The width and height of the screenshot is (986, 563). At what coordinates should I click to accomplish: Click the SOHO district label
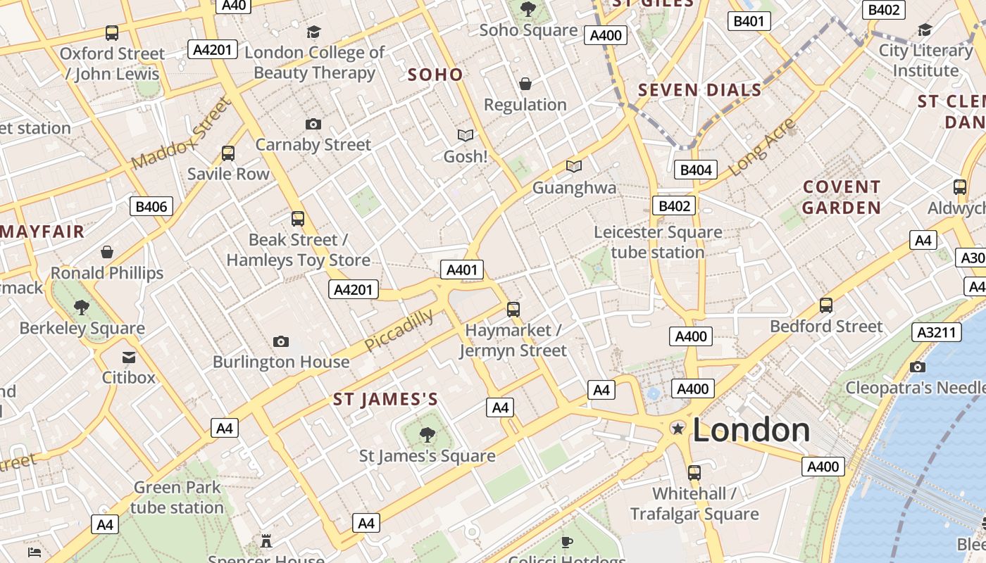click(435, 75)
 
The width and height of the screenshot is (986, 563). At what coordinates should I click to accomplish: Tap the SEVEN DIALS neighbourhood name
click(699, 90)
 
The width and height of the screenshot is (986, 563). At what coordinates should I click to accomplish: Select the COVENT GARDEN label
click(841, 197)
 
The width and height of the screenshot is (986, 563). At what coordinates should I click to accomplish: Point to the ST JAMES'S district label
click(385, 400)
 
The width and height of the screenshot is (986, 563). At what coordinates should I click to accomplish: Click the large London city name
click(751, 430)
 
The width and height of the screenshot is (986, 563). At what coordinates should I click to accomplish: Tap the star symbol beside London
click(678, 428)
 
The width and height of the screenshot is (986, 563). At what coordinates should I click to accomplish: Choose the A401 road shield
click(462, 270)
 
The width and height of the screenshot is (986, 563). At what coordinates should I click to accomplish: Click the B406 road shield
click(151, 206)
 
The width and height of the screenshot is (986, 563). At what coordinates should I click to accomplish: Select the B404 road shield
click(696, 170)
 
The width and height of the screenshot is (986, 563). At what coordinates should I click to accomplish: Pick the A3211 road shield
click(937, 332)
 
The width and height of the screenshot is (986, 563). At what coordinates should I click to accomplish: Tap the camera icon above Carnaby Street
click(313, 125)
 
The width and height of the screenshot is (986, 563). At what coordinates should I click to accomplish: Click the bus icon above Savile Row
click(228, 153)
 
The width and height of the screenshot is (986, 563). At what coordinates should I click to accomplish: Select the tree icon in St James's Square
click(427, 435)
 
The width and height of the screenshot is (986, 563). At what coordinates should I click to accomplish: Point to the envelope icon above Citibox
click(129, 358)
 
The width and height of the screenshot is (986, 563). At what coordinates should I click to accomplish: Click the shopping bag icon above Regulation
click(525, 84)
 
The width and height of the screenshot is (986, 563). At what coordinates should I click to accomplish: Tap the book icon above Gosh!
click(465, 135)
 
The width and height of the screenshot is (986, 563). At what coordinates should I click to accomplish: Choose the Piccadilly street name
click(399, 330)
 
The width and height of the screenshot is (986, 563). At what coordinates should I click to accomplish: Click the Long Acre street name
click(762, 148)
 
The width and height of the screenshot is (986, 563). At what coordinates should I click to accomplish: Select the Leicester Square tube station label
click(658, 242)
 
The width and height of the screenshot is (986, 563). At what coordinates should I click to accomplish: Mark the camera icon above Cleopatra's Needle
click(917, 367)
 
